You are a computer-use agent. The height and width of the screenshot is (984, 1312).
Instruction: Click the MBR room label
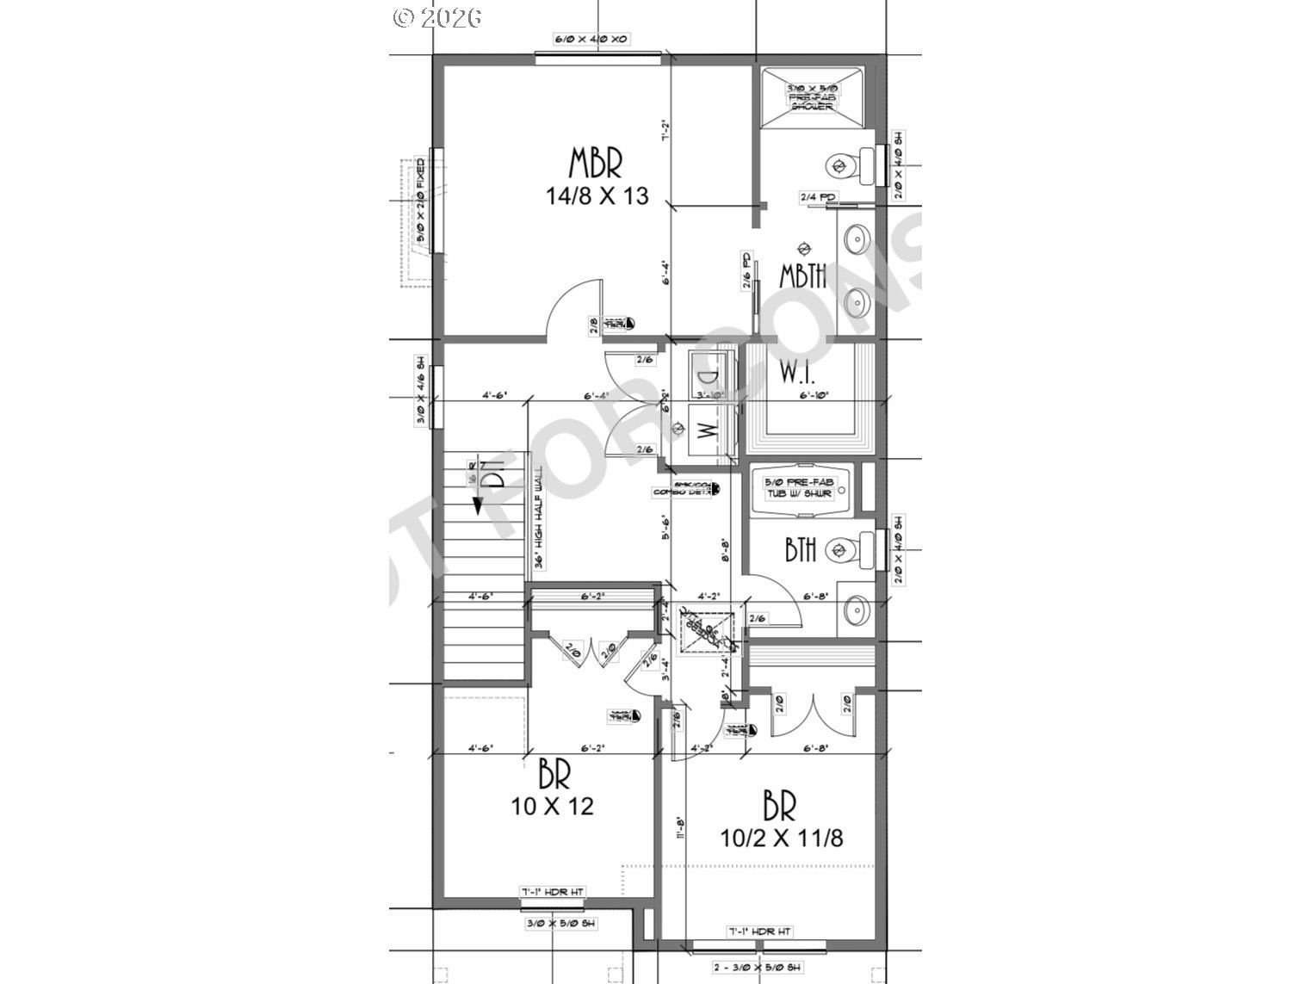(596, 162)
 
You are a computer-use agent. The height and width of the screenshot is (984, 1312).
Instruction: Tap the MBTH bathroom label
(803, 275)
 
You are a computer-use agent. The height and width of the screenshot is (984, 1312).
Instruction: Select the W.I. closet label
(797, 374)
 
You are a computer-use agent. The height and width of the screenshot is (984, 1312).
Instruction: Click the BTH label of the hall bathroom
(801, 549)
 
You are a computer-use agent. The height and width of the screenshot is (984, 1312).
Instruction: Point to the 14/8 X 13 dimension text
(597, 196)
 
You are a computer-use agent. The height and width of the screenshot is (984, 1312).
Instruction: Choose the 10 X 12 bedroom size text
(552, 807)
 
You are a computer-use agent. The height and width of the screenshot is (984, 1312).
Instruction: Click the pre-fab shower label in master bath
(810, 97)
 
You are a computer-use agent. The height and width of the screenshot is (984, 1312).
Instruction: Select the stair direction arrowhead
(478, 507)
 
